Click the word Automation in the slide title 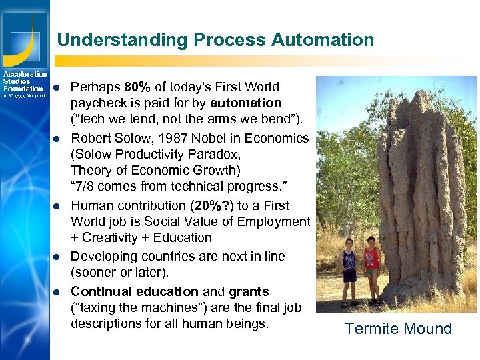click(x=323, y=40)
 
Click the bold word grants click(x=249, y=291)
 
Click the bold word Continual click(x=101, y=291)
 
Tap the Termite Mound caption click(x=398, y=329)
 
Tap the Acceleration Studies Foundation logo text click(x=24, y=81)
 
